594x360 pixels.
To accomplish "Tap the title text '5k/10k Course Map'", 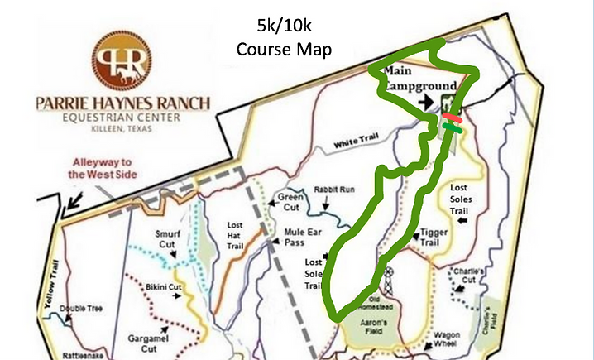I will [x=284, y=37].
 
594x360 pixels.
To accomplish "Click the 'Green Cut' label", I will [x=293, y=202].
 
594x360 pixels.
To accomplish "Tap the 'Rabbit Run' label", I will [x=334, y=190].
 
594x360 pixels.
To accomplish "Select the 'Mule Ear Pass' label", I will [x=303, y=238].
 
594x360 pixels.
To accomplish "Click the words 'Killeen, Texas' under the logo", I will [x=122, y=130].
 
